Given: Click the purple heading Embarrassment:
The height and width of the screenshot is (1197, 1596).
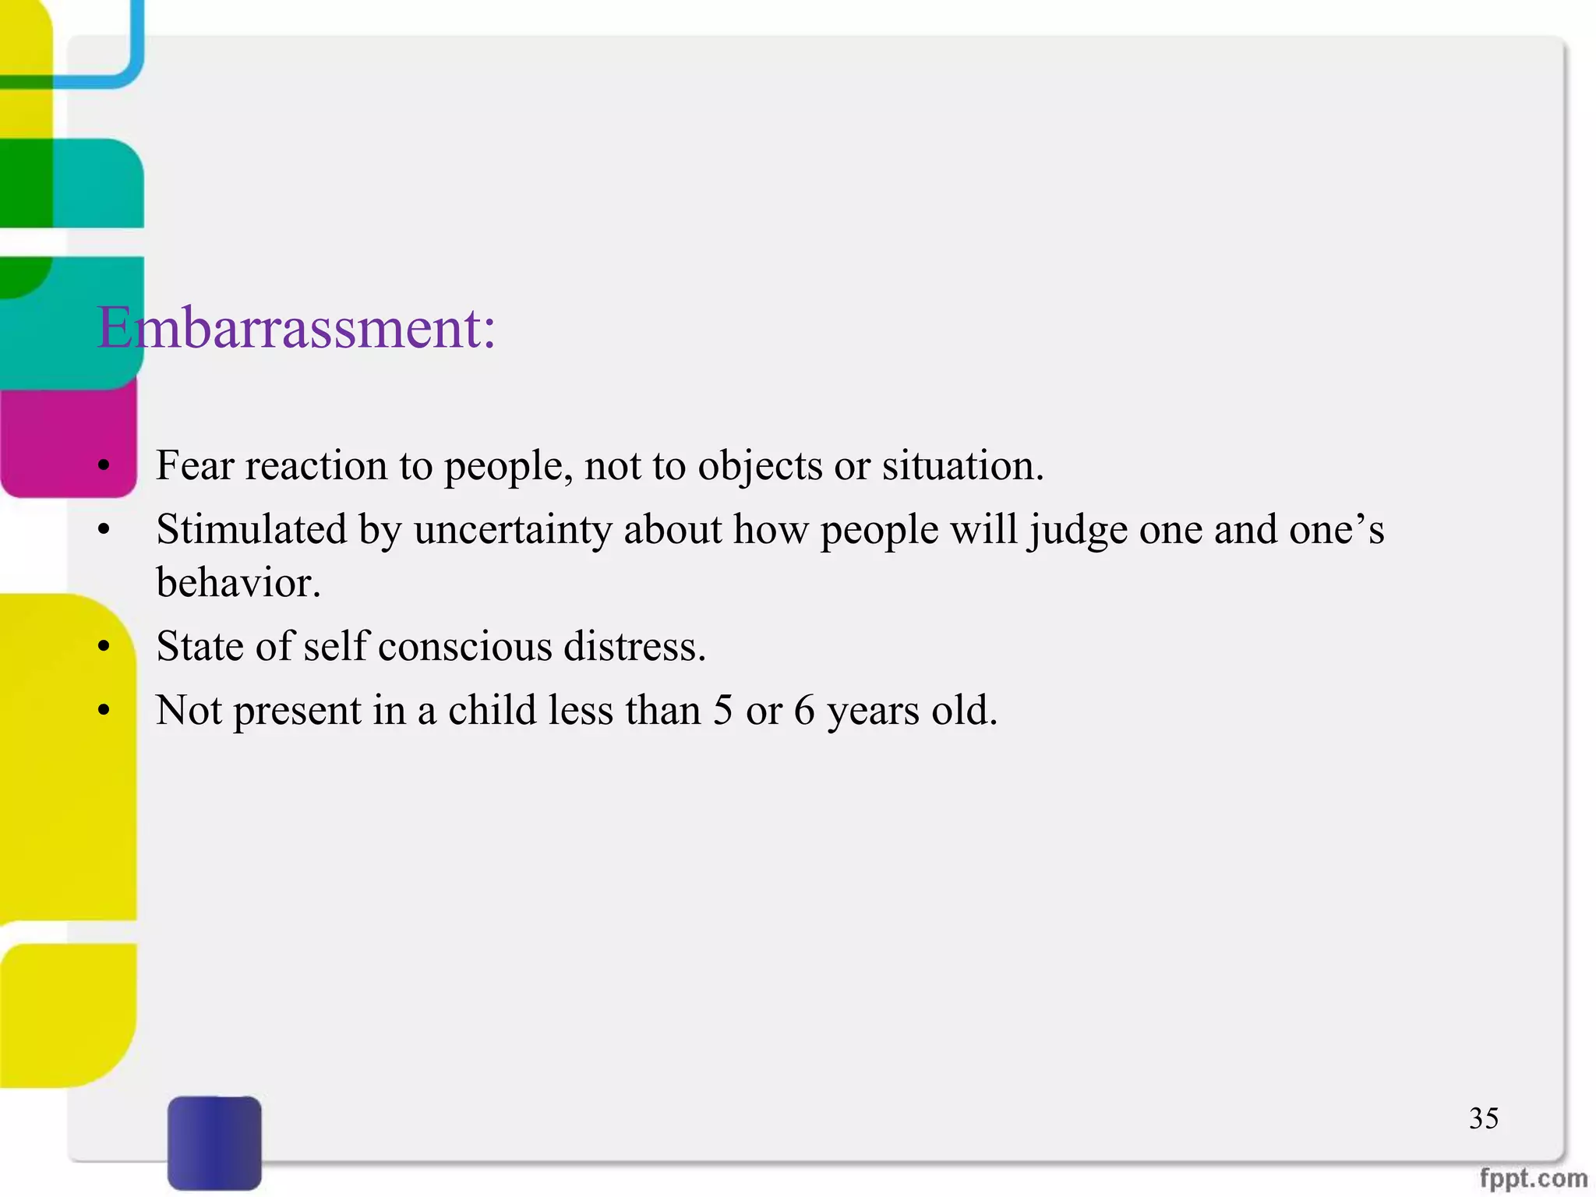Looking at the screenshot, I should click(x=296, y=328).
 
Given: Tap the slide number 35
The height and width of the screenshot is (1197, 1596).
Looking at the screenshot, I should click(x=1483, y=1118).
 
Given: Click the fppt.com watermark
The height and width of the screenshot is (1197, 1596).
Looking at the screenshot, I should click(x=1533, y=1178).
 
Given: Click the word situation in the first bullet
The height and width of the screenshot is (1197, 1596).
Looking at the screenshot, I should click(x=962, y=466).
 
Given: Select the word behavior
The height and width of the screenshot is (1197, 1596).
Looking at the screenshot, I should click(x=238, y=583).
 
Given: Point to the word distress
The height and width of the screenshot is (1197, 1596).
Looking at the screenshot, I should click(x=634, y=647).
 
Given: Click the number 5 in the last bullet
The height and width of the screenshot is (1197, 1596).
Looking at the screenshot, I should click(x=722, y=710).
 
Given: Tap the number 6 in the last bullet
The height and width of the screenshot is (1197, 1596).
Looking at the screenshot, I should click(x=803, y=710).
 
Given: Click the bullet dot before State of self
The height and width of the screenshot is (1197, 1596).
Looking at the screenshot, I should click(x=104, y=647).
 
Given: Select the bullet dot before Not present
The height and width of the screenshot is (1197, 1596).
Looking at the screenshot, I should click(x=104, y=711).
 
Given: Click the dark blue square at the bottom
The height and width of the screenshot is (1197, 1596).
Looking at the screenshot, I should click(x=214, y=1142).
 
